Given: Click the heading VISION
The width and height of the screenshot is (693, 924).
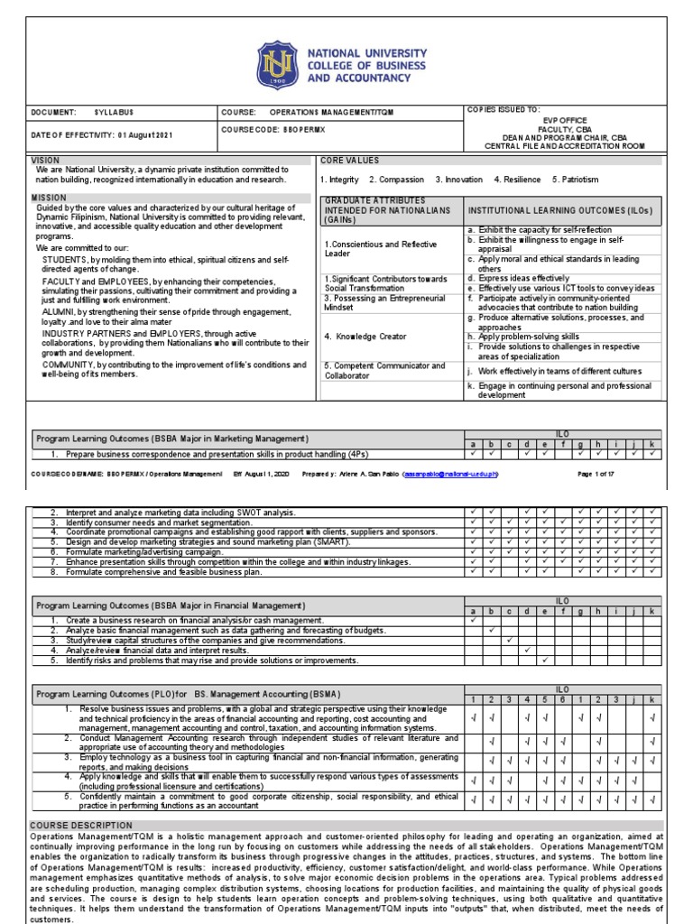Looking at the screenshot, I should (45, 160).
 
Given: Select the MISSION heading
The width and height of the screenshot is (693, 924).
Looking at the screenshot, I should (49, 197).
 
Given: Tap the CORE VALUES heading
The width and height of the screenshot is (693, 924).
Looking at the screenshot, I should (346, 160).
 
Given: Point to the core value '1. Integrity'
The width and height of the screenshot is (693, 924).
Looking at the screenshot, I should (339, 180).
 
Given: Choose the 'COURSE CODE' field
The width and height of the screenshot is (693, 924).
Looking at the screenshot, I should (270, 130).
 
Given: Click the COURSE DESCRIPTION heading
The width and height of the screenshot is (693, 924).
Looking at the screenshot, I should (81, 825).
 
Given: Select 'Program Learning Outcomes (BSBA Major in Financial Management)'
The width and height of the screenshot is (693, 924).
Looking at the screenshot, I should (171, 605).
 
